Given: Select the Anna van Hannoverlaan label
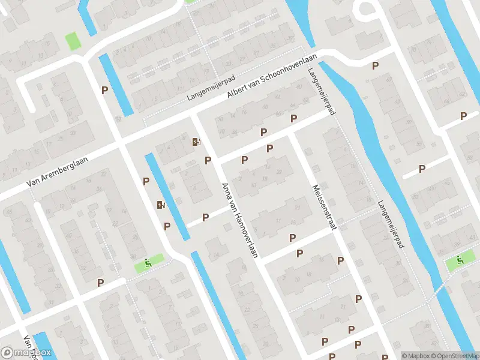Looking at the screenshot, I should click(239, 220).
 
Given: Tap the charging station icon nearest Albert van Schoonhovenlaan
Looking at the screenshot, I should click(196, 142).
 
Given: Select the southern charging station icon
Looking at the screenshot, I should click(161, 205).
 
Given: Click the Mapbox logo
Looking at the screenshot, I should click(26, 353).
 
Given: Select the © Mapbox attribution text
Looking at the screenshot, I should click(416, 355).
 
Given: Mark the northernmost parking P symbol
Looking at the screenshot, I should click(376, 65).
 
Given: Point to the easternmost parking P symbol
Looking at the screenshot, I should click(463, 116).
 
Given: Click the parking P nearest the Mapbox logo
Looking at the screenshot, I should click(101, 282).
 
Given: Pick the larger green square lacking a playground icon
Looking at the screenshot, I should click(73, 41).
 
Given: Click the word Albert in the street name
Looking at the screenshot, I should click(237, 98).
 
